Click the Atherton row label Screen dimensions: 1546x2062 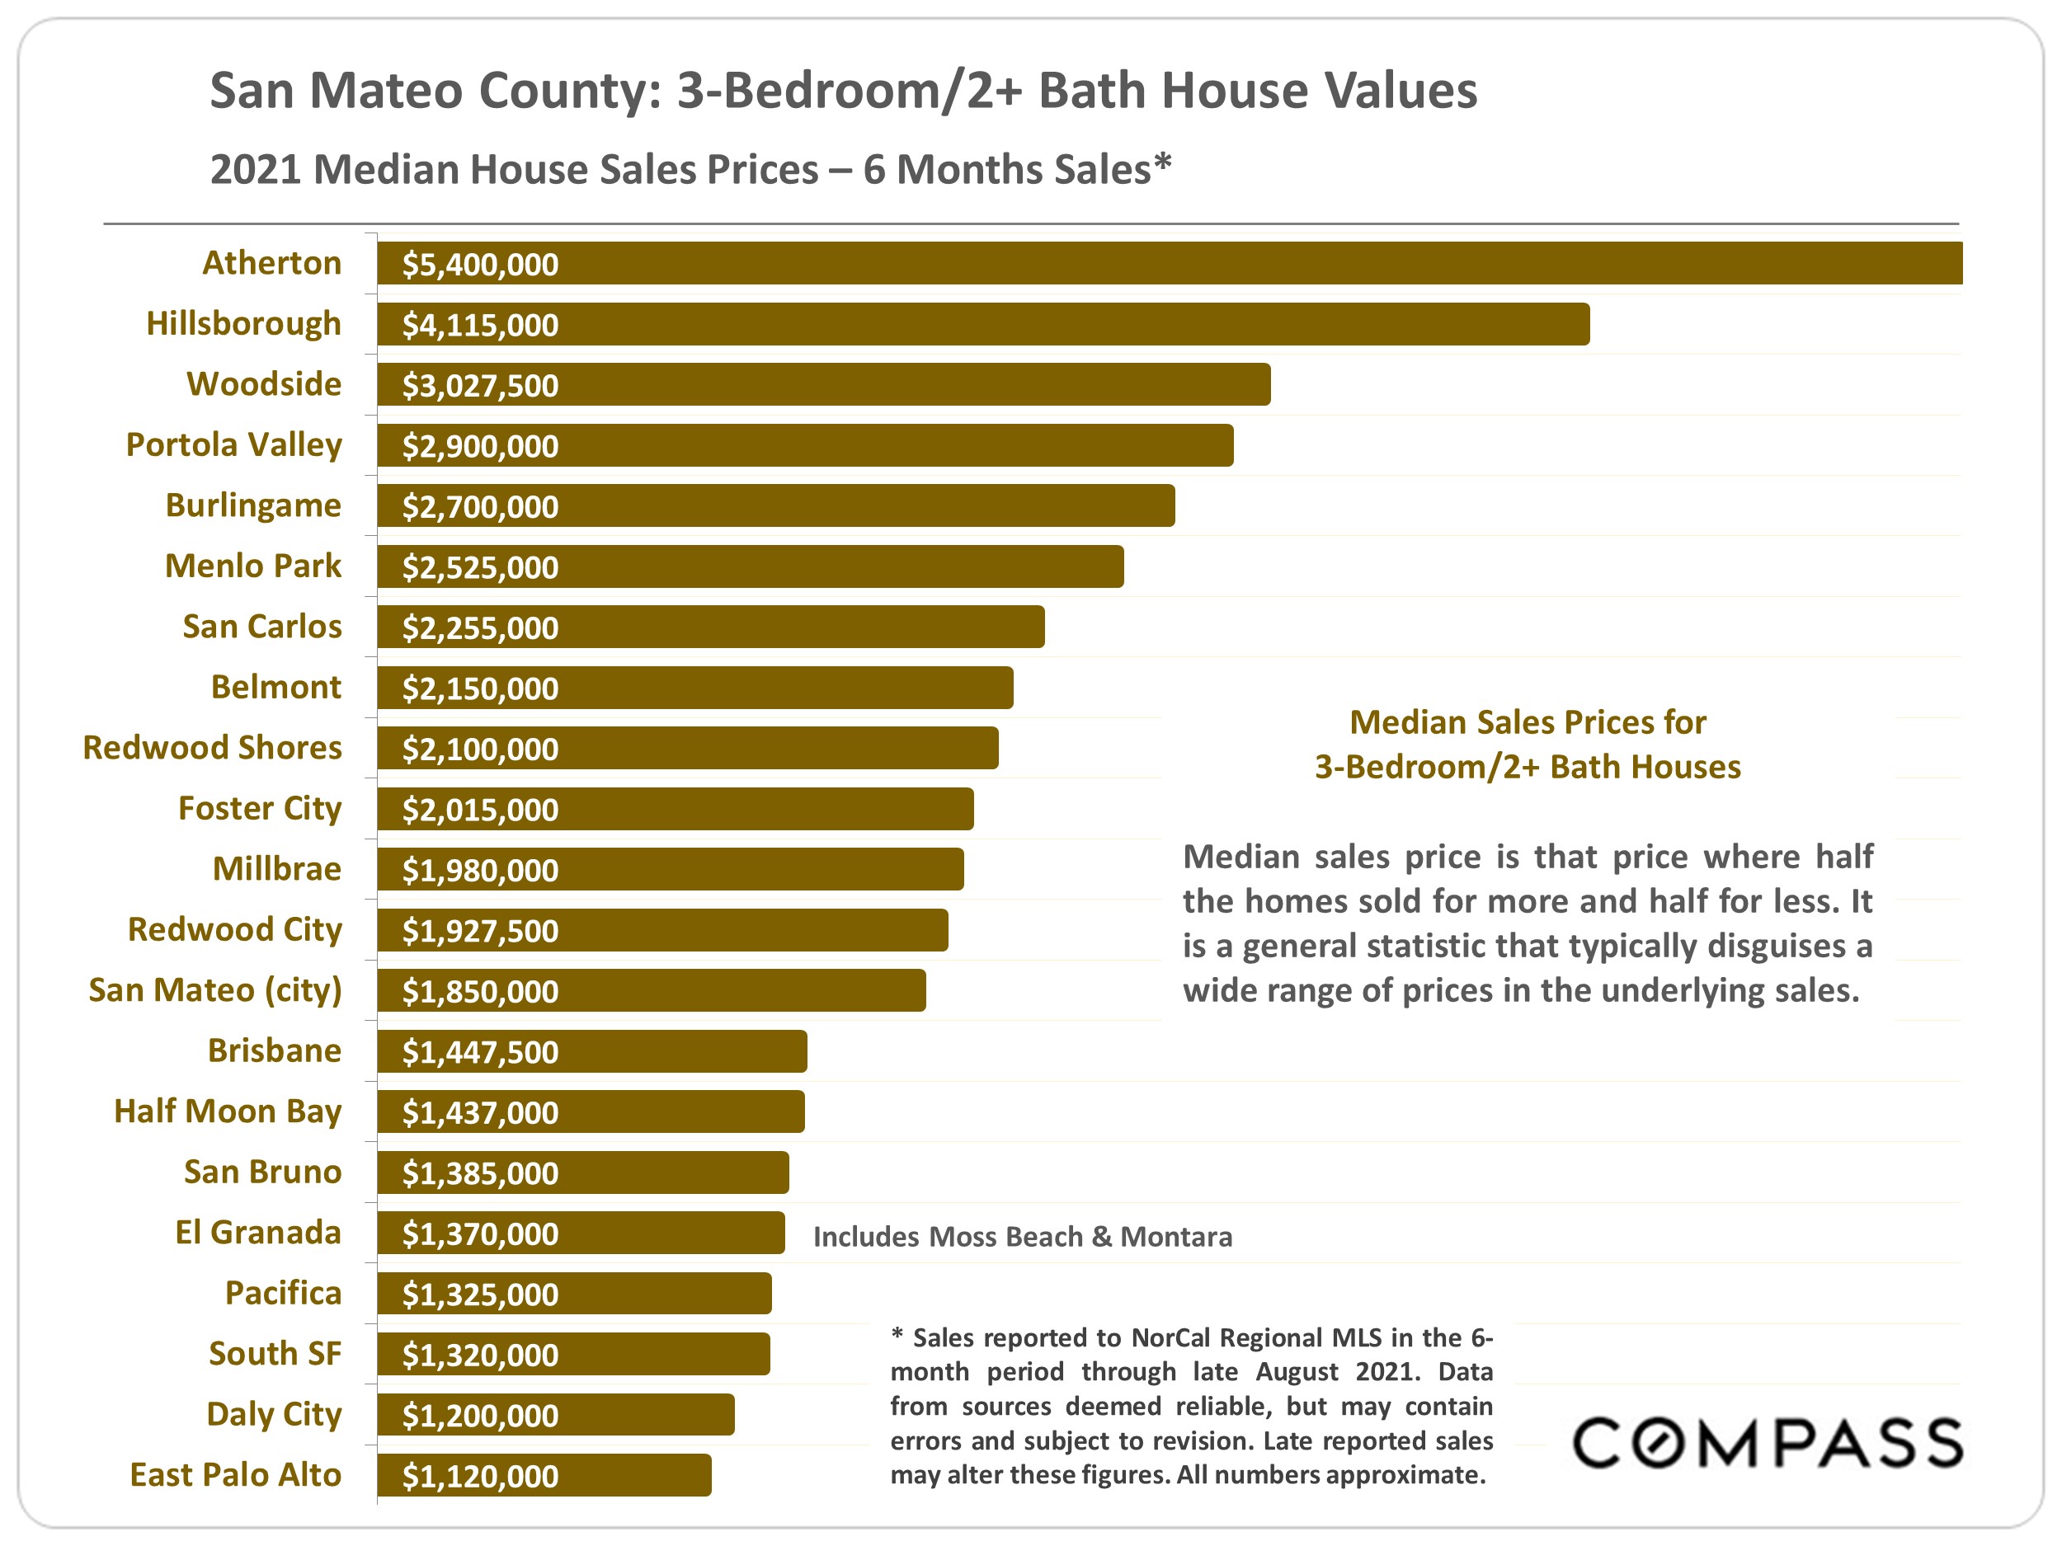pos(271,263)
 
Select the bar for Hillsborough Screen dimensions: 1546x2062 pos(983,324)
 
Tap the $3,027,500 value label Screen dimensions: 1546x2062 pos(480,386)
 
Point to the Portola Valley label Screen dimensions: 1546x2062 pos(234,445)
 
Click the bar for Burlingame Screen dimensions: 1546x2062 pos(775,506)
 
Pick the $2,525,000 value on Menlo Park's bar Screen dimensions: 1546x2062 pos(480,567)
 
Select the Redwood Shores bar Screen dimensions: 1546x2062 pos(687,749)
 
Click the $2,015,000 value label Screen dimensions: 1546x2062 pos(480,810)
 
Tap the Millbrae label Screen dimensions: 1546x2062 pos(277,868)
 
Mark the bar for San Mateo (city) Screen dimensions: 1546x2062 pos(652,990)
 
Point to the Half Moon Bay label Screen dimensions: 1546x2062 pos(228,1111)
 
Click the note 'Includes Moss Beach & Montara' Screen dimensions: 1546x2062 pos(1023,1237)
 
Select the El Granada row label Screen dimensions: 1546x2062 pos(258,1232)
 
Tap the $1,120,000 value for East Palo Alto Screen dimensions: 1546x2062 pos(480,1476)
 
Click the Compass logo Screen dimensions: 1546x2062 pos(1768,1444)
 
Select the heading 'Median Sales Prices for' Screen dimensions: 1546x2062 pos(1527,722)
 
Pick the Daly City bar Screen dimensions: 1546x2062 pos(556,1415)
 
